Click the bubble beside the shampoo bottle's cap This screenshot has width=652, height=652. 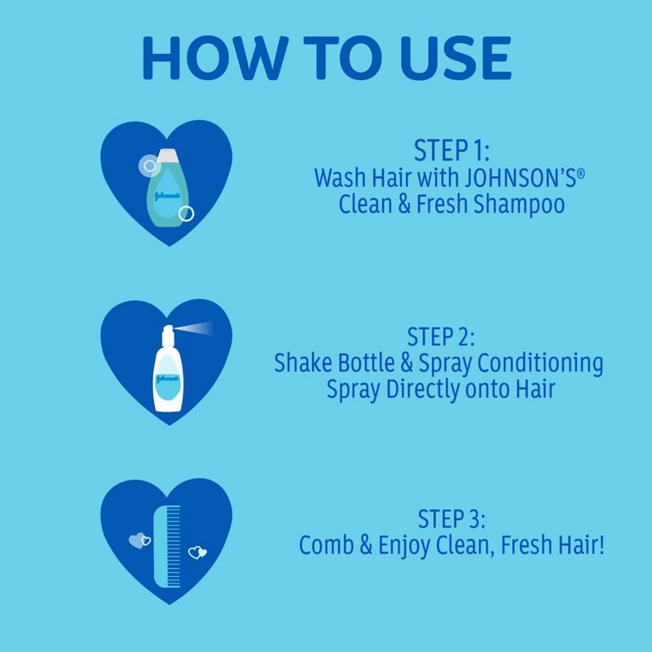tap(147, 166)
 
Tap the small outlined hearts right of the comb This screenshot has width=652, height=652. tap(197, 553)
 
